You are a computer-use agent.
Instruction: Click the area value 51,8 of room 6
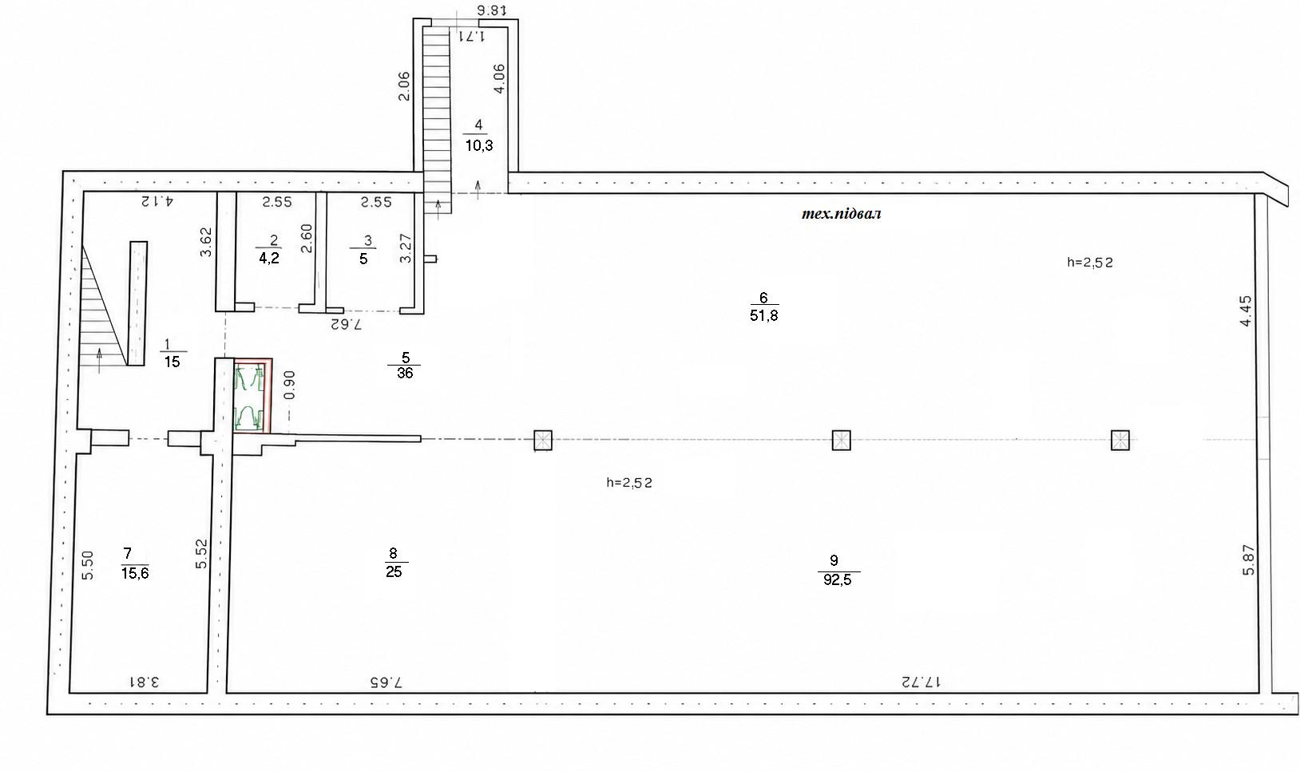pos(763,315)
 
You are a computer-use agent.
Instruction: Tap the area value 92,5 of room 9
pos(837,579)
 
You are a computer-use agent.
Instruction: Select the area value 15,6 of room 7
pos(135,573)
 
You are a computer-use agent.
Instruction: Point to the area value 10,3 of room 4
pos(479,145)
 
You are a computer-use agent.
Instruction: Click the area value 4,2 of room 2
pos(269,258)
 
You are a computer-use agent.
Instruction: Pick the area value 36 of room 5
pos(405,373)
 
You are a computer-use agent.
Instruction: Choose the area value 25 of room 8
pos(394,571)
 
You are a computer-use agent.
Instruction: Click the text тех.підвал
pos(841,213)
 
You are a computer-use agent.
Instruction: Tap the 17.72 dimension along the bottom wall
pos(921,681)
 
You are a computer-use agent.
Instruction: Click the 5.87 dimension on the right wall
pos(1248,559)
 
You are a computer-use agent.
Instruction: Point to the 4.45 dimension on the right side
pos(1246,311)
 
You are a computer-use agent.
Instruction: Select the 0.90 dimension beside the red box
pos(291,384)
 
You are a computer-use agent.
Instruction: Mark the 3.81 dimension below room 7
pos(144,681)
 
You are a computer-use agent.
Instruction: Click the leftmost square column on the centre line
pos(543,441)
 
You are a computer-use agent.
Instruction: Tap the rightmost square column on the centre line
pos(1120,441)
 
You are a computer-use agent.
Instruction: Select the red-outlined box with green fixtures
pos(252,396)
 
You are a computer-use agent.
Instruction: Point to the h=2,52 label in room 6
pos(1090,263)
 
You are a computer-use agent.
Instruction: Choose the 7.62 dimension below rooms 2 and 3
pos(346,324)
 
